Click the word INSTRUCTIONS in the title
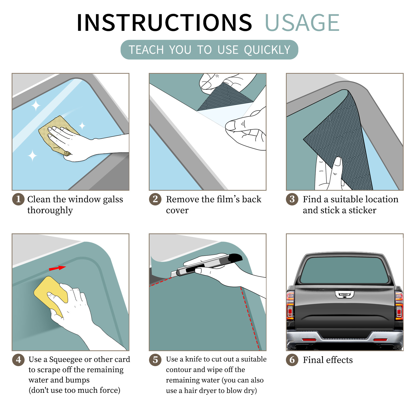tap(164, 23)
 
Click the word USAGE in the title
tap(302, 23)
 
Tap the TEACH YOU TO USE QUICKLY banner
tap(209, 50)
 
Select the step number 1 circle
tap(18, 199)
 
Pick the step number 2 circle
tap(155, 199)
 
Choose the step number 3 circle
tap(292, 199)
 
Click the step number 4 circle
tap(18, 360)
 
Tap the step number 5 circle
tap(155, 360)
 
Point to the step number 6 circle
tap(292, 360)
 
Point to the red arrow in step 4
tap(57, 268)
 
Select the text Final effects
tap(328, 360)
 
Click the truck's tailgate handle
tap(344, 294)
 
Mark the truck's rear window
tap(344, 270)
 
